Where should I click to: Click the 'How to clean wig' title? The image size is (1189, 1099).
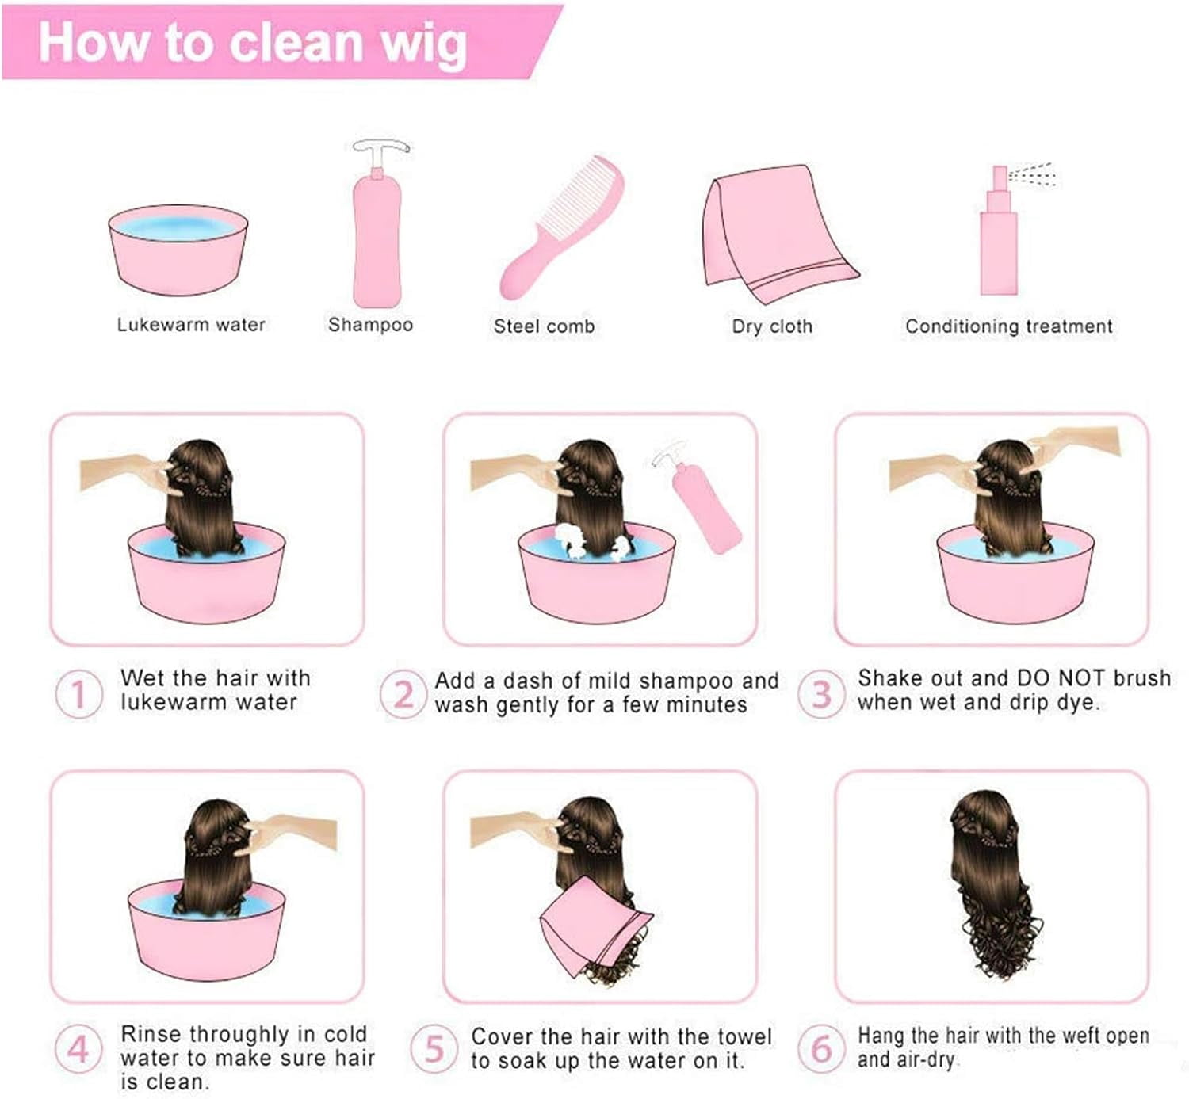[253, 44]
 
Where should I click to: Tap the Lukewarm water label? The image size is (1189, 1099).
[191, 324]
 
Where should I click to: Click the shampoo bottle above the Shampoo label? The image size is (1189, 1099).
[378, 224]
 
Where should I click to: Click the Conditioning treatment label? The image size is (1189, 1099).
[1009, 326]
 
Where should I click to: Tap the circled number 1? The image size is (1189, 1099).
[79, 694]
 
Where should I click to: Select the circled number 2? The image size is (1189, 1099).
[403, 694]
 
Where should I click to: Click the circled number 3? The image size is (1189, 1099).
[821, 694]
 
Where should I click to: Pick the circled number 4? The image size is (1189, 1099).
[79, 1049]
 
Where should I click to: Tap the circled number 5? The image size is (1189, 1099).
[434, 1049]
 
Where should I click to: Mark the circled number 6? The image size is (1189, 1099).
[821, 1049]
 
